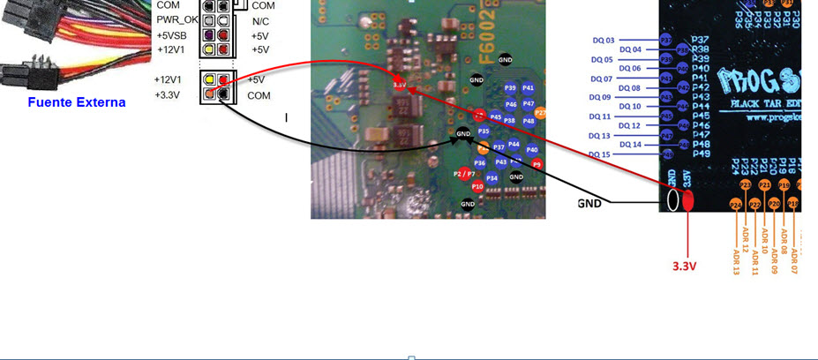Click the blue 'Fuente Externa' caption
tap(76, 102)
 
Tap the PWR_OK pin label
tap(177, 19)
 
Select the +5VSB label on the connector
tap(173, 35)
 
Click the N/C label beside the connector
tap(260, 20)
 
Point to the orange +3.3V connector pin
tap(208, 94)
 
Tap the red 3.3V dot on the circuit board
tap(399, 85)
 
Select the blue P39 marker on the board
tap(510, 88)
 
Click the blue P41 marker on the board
tap(528, 88)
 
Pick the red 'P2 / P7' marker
tap(464, 174)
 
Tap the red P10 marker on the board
tap(477, 186)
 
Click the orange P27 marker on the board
tap(540, 113)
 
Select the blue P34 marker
tap(492, 178)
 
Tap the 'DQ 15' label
tap(600, 154)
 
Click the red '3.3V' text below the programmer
tap(688, 264)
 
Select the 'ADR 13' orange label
tap(736, 261)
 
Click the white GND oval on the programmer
tap(672, 199)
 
